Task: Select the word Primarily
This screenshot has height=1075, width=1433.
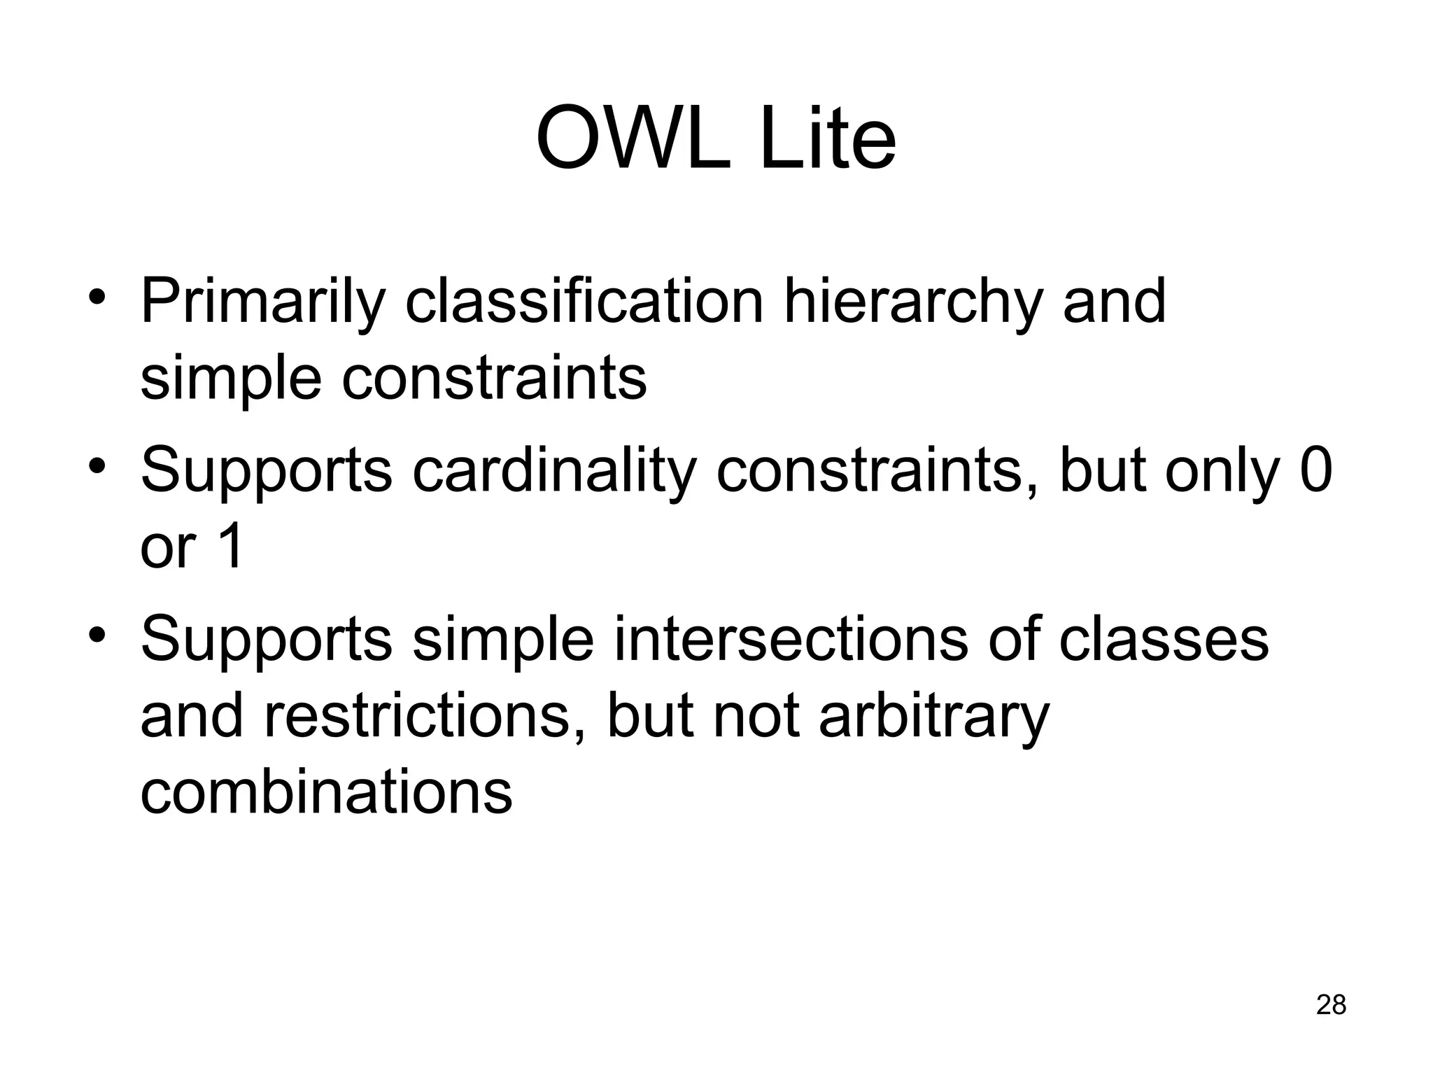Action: pyautogui.click(x=263, y=302)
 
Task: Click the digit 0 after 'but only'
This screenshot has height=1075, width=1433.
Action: pyautogui.click(x=1315, y=470)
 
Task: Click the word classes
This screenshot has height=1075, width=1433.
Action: pyautogui.click(x=1163, y=640)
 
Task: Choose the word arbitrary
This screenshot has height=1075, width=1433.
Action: pyautogui.click(x=934, y=718)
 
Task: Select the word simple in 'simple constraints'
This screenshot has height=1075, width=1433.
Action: pyautogui.click(x=231, y=379)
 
